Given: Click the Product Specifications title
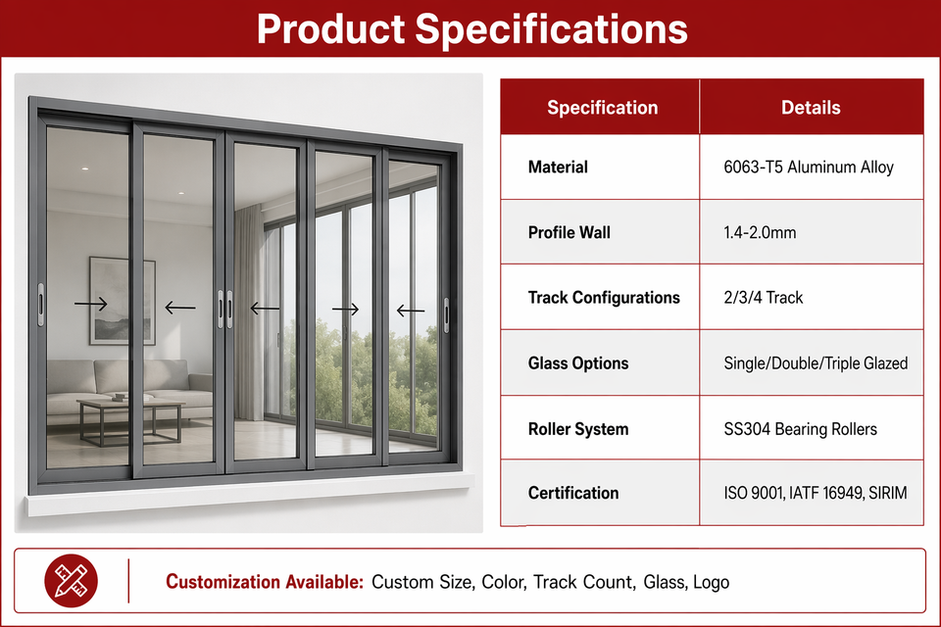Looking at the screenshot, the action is (471, 28).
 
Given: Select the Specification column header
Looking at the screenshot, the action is (603, 108).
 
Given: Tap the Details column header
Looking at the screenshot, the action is (811, 108).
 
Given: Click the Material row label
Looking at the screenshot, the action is (558, 167).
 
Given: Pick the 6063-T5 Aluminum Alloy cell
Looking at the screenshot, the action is (809, 167).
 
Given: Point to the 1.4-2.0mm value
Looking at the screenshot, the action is (760, 233).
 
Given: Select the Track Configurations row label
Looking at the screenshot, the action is (604, 298).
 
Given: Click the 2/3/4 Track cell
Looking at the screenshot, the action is (763, 298).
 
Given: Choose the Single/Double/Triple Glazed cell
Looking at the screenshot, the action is (816, 363).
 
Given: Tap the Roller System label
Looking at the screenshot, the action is (578, 429).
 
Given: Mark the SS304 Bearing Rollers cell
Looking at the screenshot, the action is (800, 429).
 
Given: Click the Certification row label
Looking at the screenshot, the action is (573, 493).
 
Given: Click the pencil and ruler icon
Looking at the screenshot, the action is (71, 581).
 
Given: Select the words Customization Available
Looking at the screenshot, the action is (265, 582).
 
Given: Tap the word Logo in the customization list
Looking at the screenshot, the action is (712, 583).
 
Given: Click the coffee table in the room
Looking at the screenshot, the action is (130, 420).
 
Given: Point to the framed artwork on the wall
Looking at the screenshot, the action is (123, 301).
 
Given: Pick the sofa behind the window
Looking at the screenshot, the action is (129, 387).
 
